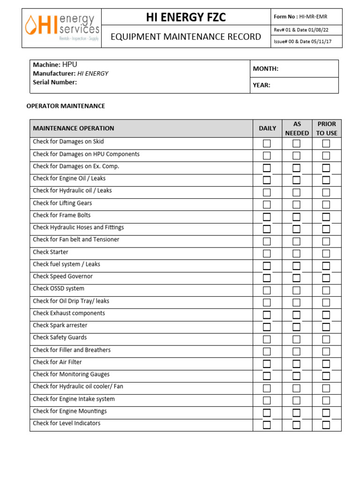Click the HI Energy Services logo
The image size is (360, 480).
point(61,28)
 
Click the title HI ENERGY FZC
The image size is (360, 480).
point(186,17)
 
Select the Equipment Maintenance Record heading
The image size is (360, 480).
point(186,37)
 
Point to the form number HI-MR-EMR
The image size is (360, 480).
point(314,17)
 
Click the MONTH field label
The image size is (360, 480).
point(266,69)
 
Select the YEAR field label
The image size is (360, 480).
point(262,85)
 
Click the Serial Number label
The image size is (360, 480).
point(55,82)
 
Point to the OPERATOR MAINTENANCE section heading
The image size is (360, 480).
point(66,106)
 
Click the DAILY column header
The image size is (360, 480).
point(267,128)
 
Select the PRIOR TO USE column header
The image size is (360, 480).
point(326,128)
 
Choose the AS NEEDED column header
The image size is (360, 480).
point(297,128)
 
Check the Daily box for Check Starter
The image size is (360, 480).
point(267,254)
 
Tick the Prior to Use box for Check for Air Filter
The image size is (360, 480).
point(326,364)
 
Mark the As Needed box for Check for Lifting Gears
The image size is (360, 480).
point(296,205)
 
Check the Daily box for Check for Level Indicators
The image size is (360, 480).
point(267,425)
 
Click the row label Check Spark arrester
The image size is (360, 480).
point(60,325)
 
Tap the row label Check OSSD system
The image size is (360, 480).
point(59,289)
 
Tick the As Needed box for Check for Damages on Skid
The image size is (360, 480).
point(296,143)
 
